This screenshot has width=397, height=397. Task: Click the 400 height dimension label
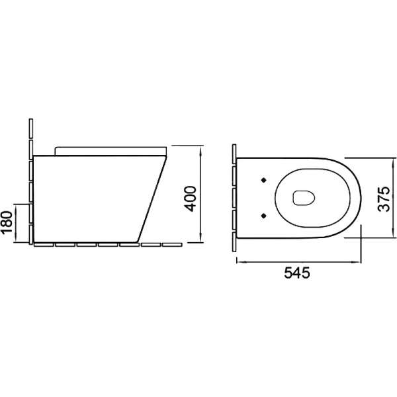pyautogui.click(x=190, y=198)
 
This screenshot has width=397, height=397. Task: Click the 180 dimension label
pyautogui.click(x=7, y=222)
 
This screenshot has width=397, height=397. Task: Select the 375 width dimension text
pyautogui.click(x=384, y=199)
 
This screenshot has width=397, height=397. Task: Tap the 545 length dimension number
pyautogui.click(x=297, y=273)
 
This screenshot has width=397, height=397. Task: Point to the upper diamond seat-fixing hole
pyautogui.click(x=264, y=180)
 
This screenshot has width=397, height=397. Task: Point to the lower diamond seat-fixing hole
pyautogui.click(x=264, y=216)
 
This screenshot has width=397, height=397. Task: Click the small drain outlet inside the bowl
pyautogui.click(x=304, y=197)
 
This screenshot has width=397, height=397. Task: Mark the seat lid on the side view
pyautogui.click(x=110, y=151)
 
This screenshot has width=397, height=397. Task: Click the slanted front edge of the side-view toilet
pyautogui.click(x=152, y=198)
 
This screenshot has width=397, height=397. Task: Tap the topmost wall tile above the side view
pyautogui.click(x=31, y=128)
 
